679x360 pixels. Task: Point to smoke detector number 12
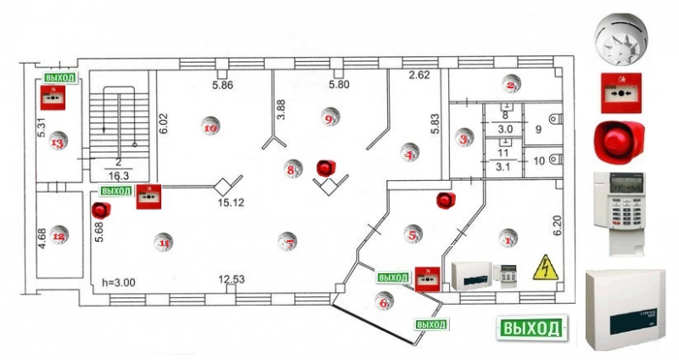(x=59, y=235)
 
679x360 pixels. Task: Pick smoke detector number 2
(x=510, y=84)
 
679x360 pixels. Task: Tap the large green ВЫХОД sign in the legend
(x=531, y=328)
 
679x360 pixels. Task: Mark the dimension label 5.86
(x=222, y=85)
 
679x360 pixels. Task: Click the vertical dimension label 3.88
(x=281, y=113)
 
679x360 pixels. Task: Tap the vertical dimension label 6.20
(x=558, y=222)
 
